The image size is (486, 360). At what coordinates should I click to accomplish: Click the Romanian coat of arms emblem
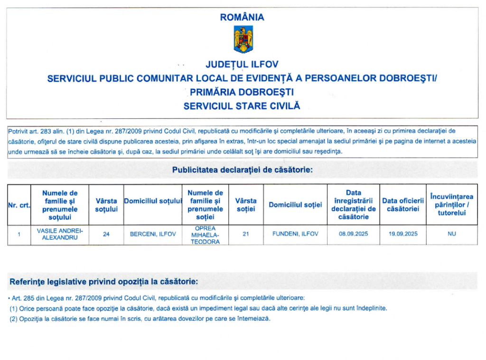pyautogui.click(x=243, y=40)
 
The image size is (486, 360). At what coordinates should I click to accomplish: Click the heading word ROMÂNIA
pyautogui.click(x=243, y=18)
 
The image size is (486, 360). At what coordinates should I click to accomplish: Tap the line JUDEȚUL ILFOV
pyautogui.click(x=242, y=65)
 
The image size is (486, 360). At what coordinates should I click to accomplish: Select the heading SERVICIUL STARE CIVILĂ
pyautogui.click(x=242, y=106)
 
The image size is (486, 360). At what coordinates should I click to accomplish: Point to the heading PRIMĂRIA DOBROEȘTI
pyautogui.click(x=242, y=92)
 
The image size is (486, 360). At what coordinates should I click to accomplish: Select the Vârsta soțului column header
pyautogui.click(x=106, y=205)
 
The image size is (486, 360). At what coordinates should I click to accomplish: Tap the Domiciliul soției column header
pyautogui.click(x=295, y=205)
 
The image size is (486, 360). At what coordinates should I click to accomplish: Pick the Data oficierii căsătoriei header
pyautogui.click(x=403, y=205)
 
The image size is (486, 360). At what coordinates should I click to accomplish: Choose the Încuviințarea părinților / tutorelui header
pyautogui.click(x=451, y=205)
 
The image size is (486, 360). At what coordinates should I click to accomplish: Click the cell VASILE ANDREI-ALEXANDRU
pyautogui.click(x=59, y=234)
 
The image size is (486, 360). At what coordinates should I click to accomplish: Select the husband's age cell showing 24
pyautogui.click(x=106, y=234)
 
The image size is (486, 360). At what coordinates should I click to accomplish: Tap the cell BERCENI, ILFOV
pyautogui.click(x=153, y=234)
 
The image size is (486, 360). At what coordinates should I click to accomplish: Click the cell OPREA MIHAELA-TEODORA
pyautogui.click(x=205, y=235)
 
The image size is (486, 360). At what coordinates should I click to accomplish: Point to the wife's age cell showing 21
pyautogui.click(x=246, y=234)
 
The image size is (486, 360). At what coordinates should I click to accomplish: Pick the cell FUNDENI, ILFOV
pyautogui.click(x=295, y=234)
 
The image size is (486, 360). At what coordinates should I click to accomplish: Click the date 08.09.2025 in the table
pyautogui.click(x=353, y=234)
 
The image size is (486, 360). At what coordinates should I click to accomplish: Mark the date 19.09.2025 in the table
pyautogui.click(x=403, y=234)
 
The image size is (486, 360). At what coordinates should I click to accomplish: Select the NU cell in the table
pyautogui.click(x=451, y=234)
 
